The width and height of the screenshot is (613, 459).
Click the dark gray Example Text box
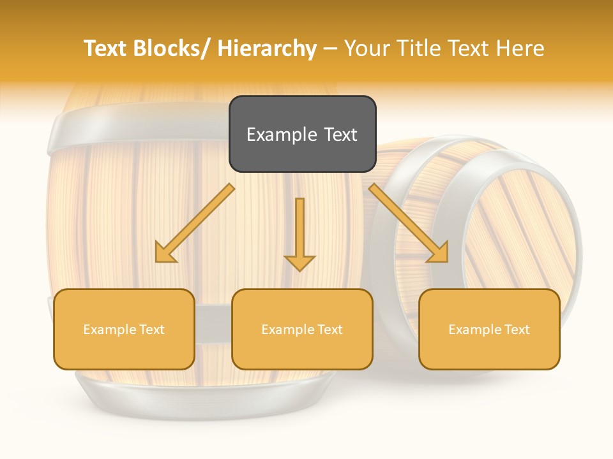point(302,134)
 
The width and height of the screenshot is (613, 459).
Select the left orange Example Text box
point(124,329)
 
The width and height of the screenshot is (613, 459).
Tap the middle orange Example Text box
point(302,329)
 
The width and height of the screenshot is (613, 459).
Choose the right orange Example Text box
point(489,329)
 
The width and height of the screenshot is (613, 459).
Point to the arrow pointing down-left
point(195,224)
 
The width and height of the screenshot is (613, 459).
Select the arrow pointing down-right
point(409,224)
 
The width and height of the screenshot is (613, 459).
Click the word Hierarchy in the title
point(267,48)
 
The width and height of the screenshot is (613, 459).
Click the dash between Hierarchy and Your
point(330,49)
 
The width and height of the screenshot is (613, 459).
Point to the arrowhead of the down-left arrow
point(165,254)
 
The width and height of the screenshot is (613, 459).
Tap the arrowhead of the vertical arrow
point(299,263)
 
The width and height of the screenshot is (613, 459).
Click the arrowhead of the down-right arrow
point(439,253)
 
